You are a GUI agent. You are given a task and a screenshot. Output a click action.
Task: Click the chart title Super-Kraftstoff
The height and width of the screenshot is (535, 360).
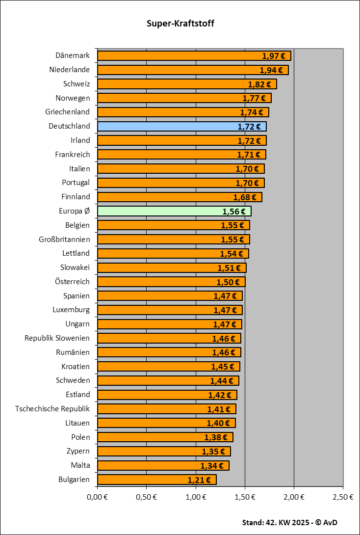[180, 23]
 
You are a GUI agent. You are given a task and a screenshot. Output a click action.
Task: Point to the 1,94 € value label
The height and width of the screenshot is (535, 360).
[271, 70]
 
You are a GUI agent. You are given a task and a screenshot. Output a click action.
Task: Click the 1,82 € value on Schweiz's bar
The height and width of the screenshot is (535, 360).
[259, 84]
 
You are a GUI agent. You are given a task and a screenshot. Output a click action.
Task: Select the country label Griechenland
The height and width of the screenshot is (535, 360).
[68, 111]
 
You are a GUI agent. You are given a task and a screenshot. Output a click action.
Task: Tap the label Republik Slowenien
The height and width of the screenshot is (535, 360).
[57, 338]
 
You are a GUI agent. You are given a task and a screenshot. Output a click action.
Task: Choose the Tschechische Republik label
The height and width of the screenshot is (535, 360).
[52, 408]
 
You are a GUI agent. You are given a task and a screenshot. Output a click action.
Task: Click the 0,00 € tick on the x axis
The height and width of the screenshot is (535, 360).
[97, 497]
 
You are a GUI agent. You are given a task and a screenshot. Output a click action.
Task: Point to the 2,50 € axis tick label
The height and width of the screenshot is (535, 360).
[343, 497]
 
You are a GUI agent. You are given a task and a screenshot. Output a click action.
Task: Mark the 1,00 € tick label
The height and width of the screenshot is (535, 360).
[196, 497]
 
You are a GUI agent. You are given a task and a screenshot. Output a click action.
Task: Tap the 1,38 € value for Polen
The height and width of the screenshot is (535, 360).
[216, 437]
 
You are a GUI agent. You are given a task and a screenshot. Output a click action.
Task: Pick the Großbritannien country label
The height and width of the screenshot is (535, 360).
[64, 239]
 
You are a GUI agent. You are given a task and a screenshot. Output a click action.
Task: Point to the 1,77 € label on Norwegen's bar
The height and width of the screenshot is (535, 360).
[254, 98]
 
